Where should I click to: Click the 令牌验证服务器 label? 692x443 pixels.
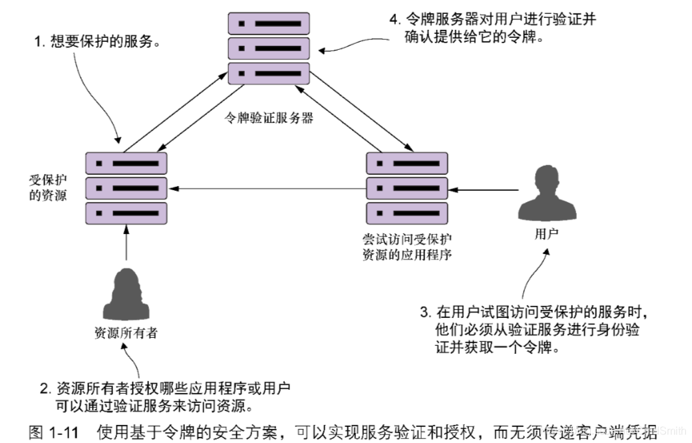pos(269,119)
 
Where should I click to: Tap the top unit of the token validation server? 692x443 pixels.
pos(269,23)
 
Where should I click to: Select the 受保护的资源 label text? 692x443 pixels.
pos(48,188)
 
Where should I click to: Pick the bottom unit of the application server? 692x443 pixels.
pos(407,213)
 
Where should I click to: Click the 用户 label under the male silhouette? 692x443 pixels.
pos(546,234)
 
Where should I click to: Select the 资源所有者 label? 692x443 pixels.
pos(126,333)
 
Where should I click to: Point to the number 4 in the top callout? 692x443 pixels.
pos(393,19)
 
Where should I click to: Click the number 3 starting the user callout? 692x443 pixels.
pos(423,311)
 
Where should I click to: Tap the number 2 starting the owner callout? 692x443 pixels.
pos(45,388)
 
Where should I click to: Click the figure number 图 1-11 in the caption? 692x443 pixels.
pos(54,432)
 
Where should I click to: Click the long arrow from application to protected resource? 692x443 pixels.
pos(266,189)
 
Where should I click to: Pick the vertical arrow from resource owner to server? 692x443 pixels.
pos(126,243)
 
